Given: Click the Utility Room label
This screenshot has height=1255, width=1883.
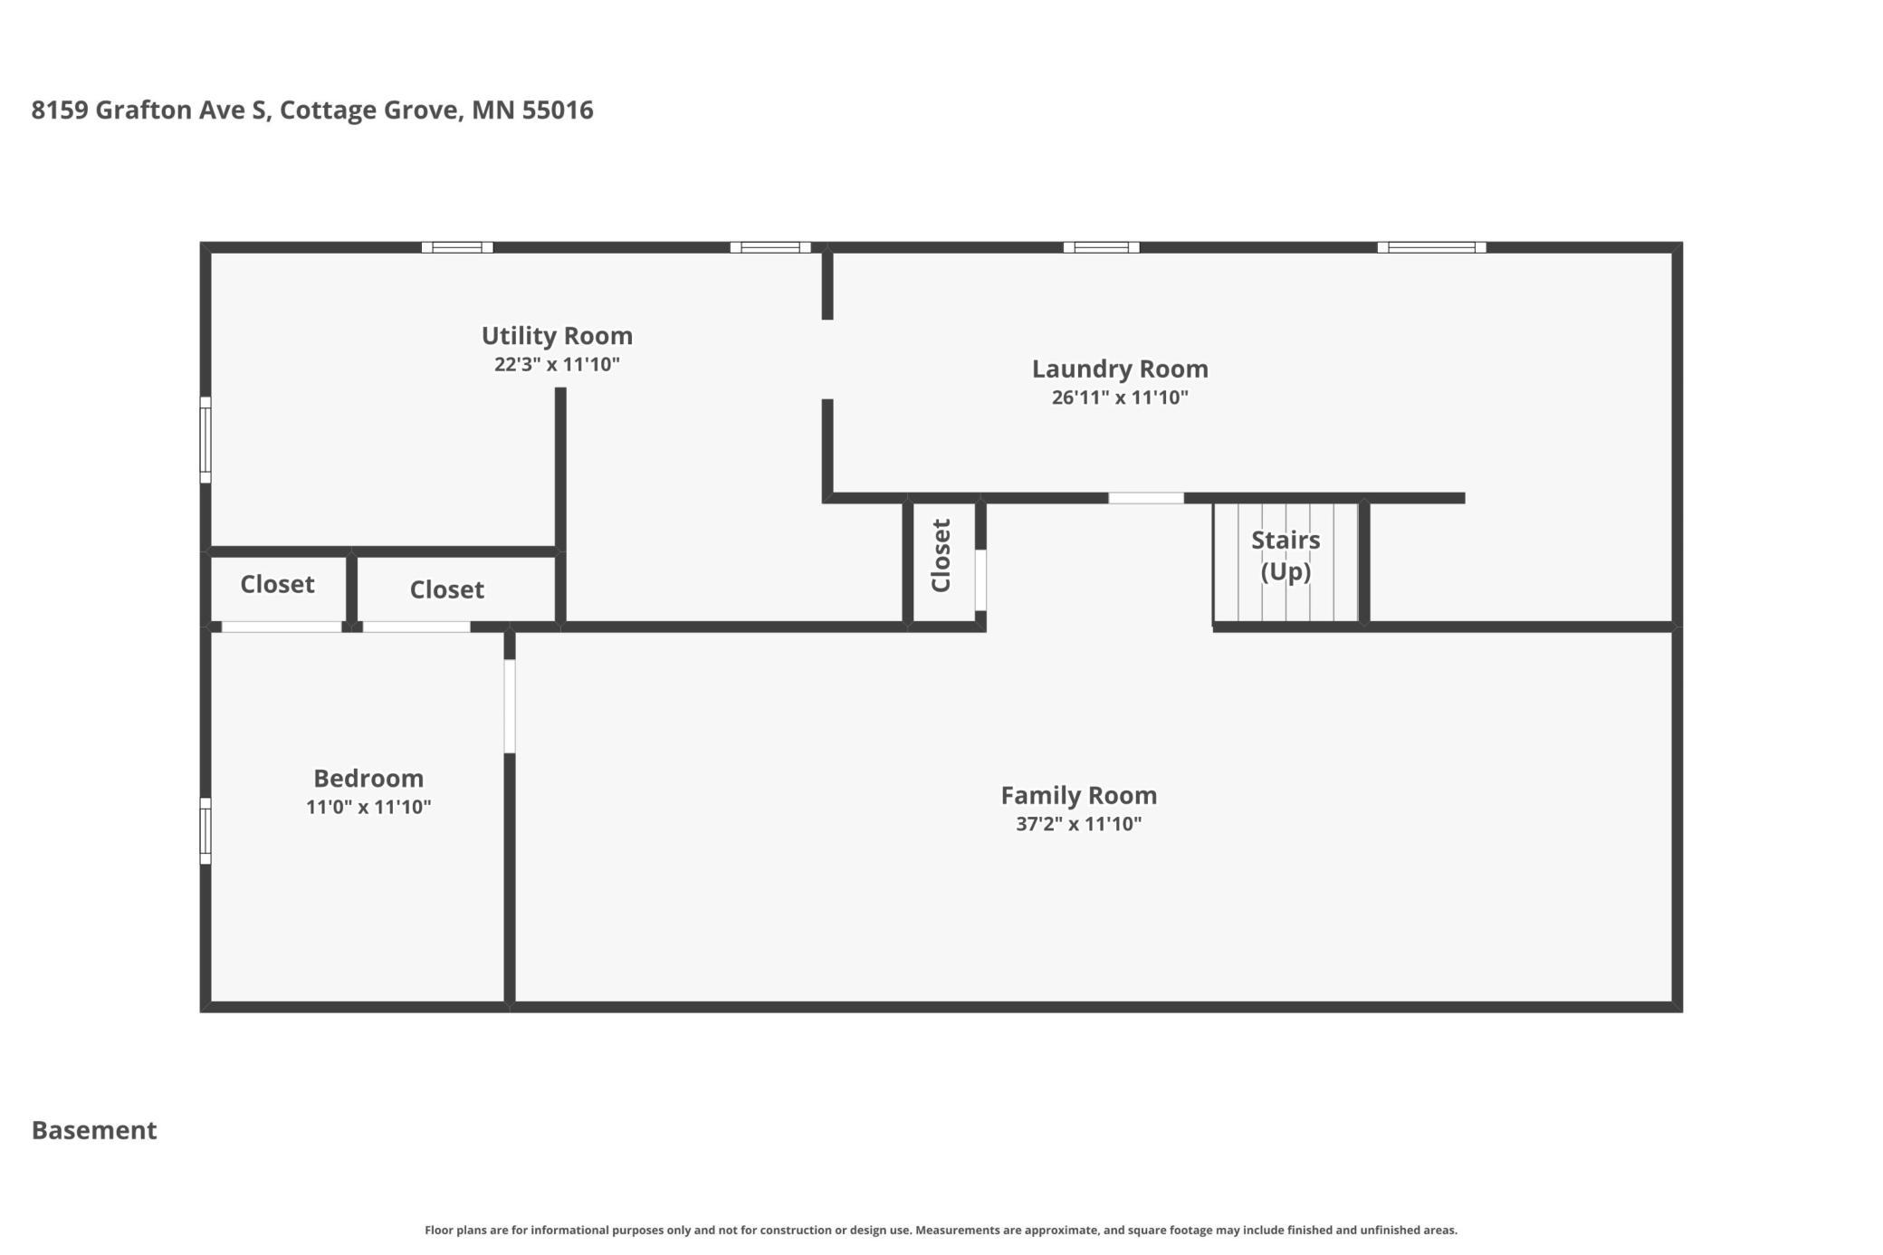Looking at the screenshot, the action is point(557,336).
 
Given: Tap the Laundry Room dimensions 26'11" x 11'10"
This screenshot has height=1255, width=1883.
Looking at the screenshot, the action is point(1120,398).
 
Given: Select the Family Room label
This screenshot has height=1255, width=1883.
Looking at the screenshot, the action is point(1078,795).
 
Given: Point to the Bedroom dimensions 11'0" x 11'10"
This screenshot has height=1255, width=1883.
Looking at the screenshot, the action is point(368,807).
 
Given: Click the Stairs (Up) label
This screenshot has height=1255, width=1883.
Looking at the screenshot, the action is point(1286,555).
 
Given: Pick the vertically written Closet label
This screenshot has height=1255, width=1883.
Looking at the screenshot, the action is point(941,556).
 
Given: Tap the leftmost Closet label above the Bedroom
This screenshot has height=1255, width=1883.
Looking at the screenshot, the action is point(277,584).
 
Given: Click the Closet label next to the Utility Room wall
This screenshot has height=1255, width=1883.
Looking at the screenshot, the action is point(446,589).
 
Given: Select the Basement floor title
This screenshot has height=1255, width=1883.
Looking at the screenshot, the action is point(94,1130).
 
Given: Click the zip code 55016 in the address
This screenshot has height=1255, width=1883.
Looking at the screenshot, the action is point(558,110).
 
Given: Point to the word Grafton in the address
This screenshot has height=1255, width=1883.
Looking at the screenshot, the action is point(143,110).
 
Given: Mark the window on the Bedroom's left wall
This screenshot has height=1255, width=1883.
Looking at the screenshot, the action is point(206,831).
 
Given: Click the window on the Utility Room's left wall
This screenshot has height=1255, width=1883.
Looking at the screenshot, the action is point(206,440).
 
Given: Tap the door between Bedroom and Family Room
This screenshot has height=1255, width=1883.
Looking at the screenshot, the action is point(510,706).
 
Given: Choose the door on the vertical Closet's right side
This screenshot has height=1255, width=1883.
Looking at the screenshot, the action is point(980,580).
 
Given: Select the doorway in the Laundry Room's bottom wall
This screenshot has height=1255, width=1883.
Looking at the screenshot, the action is point(1146,498).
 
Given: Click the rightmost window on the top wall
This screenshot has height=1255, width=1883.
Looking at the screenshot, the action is point(1431,247).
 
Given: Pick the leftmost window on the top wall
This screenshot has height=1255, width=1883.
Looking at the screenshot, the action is point(457,247).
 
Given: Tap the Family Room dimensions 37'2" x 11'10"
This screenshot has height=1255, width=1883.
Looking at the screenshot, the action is point(1078,824).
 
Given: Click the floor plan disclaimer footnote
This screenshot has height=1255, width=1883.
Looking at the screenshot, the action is point(941,1230).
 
